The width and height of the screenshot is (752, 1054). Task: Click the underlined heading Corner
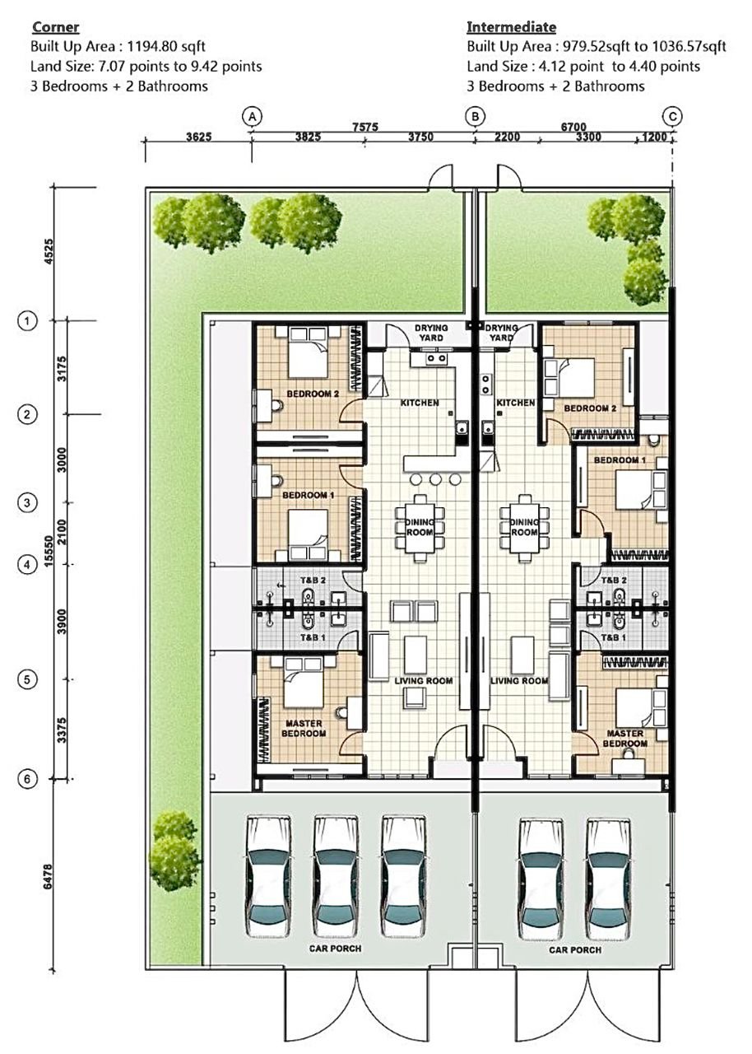click(55, 27)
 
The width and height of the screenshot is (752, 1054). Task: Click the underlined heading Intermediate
click(512, 27)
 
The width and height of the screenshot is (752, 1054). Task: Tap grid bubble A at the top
click(253, 116)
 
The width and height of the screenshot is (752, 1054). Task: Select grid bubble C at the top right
click(672, 116)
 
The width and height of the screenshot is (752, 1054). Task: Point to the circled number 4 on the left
click(27, 565)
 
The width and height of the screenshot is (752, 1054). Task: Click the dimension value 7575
click(365, 127)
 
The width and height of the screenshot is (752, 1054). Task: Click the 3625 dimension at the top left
click(199, 137)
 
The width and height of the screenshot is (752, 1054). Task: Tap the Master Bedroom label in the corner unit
click(304, 729)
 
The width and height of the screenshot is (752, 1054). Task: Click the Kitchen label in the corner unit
click(420, 403)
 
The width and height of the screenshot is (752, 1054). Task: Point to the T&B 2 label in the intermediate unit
click(614, 581)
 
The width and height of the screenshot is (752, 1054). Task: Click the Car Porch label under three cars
click(335, 948)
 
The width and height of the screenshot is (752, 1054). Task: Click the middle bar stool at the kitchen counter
click(435, 479)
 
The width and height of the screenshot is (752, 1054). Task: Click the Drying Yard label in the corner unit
click(431, 333)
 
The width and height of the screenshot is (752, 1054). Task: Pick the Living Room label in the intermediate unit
click(519, 681)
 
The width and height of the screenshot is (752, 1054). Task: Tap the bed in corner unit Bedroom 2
click(308, 353)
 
